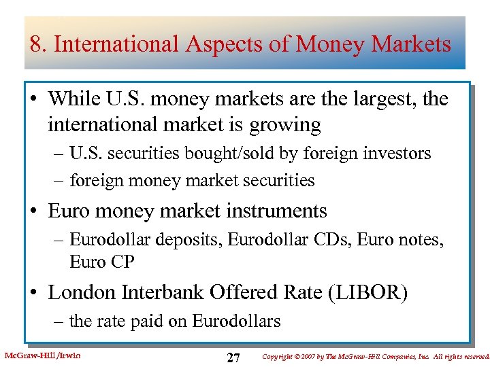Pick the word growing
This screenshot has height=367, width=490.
(287, 125)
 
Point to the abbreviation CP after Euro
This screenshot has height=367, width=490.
(122, 262)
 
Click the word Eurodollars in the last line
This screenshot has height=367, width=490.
(236, 321)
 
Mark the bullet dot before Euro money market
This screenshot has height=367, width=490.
(37, 212)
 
